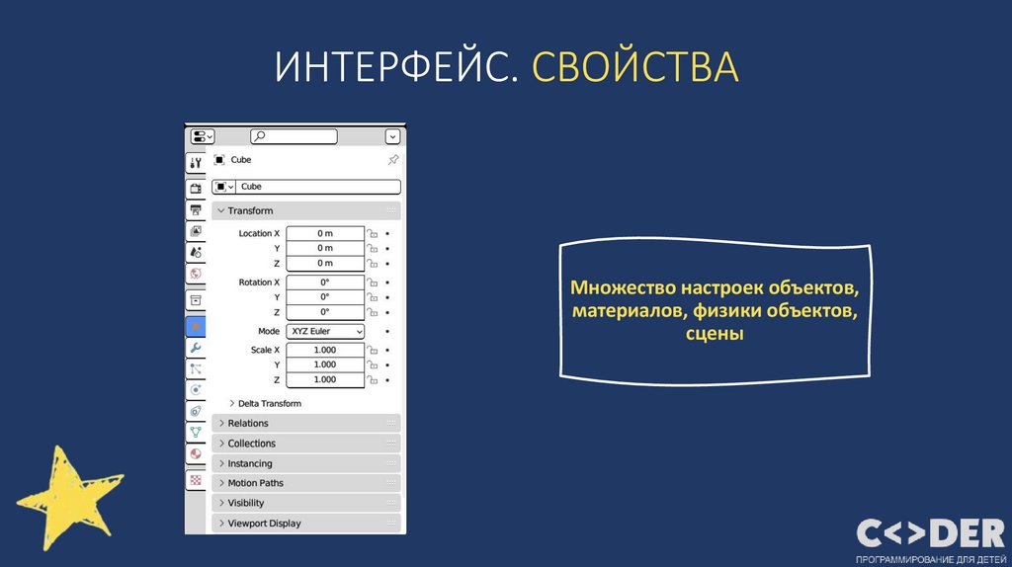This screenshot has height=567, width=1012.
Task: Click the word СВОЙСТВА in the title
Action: click(634, 66)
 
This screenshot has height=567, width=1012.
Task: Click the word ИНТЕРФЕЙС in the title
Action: click(395, 66)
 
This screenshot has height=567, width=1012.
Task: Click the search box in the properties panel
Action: click(293, 136)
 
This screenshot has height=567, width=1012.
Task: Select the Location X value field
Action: click(325, 233)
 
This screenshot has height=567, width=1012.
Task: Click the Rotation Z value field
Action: click(325, 312)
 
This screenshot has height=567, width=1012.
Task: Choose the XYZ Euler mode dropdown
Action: click(325, 332)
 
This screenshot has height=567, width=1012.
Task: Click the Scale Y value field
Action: click(325, 364)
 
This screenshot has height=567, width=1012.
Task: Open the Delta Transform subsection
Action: click(269, 403)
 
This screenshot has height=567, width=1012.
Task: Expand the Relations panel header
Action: click(248, 423)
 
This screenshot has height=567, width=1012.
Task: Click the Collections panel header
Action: click(251, 444)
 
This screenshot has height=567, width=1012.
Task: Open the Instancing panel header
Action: click(249, 463)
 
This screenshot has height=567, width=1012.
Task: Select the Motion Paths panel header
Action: click(255, 483)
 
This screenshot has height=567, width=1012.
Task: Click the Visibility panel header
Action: click(245, 503)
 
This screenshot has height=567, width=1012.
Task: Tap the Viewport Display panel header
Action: click(264, 524)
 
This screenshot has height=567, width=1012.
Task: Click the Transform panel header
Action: click(250, 210)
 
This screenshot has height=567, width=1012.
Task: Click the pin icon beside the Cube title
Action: click(392, 160)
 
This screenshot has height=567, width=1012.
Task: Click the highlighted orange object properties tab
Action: click(196, 326)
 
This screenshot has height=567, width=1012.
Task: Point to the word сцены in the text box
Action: click(714, 335)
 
